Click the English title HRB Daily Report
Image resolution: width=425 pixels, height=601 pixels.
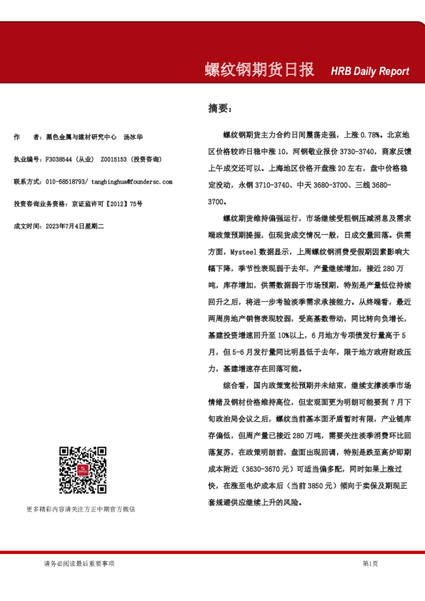coord(369,71)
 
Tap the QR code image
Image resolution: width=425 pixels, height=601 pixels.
coord(83,472)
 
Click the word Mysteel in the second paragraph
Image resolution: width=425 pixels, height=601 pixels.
coord(244,252)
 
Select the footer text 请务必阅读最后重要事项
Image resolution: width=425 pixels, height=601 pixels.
coord(79,564)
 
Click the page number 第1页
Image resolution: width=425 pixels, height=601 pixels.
coord(370,564)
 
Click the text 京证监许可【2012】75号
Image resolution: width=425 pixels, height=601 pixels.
coord(107,204)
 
